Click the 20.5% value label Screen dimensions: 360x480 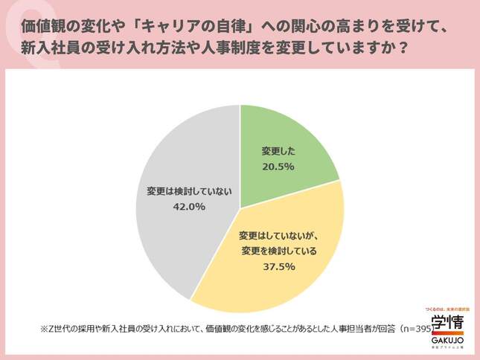(278, 166)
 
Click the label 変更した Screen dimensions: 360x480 (278, 152)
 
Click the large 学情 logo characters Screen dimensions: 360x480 (448, 324)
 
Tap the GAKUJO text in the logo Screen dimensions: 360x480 (448, 343)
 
